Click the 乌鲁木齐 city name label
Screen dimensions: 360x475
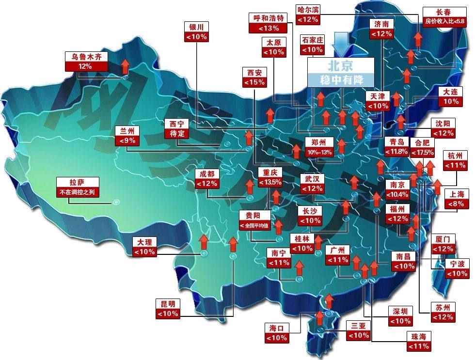[x=86, y=56]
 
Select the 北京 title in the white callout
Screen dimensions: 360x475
[x=341, y=65]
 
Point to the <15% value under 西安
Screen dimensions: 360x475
[x=255, y=82]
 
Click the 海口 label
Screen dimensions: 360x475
[x=276, y=328]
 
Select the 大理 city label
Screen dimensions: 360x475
[x=145, y=242]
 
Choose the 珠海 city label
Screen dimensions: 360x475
[x=419, y=336]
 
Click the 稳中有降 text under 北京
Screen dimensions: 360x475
[x=341, y=79]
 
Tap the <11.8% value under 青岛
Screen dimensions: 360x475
[x=397, y=152]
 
